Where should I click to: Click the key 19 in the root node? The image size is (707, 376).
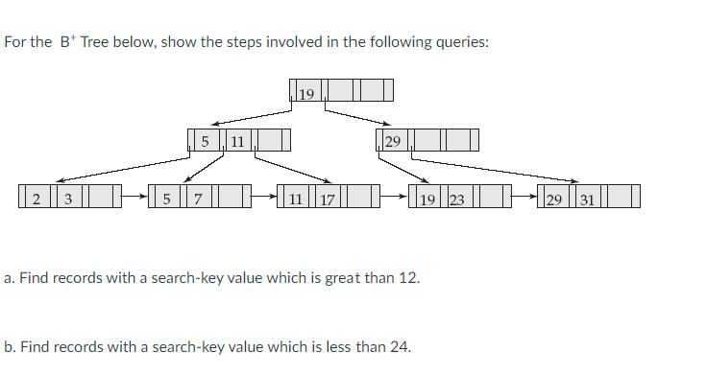(306, 93)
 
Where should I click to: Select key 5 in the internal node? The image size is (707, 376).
(206, 142)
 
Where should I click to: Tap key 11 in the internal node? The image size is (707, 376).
(238, 142)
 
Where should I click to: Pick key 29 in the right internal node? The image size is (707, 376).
(392, 142)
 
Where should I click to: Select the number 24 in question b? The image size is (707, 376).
(400, 346)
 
